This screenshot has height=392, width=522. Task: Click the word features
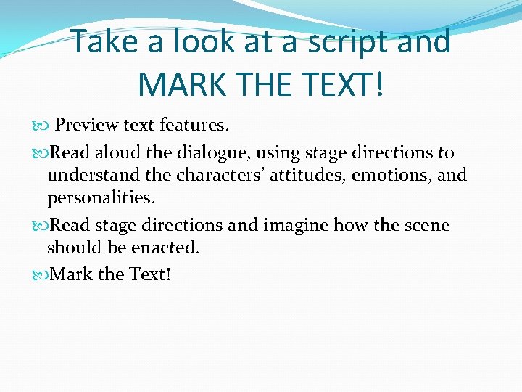click(x=194, y=126)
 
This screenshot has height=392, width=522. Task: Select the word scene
click(x=427, y=226)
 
